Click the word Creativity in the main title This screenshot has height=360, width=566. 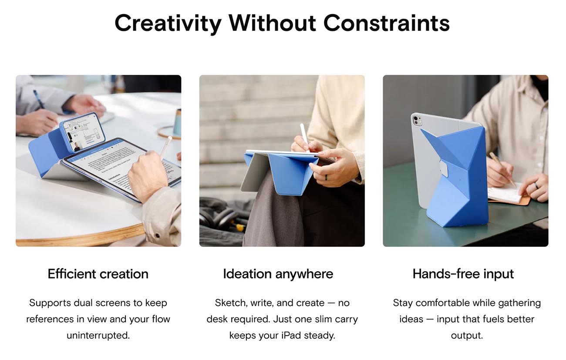168,23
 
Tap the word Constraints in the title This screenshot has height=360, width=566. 387,23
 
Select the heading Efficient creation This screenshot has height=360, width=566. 98,274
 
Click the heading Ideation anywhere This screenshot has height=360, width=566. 278,274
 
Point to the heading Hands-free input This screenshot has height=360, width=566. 463,274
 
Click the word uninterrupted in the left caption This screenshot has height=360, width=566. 98,336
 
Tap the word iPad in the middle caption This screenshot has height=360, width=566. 291,336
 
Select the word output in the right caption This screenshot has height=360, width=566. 467,336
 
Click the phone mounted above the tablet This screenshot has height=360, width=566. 83,132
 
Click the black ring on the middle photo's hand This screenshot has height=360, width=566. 326,177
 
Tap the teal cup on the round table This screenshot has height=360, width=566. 177,122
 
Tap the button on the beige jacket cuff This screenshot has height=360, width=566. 158,236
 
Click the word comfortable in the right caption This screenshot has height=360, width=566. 443,303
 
